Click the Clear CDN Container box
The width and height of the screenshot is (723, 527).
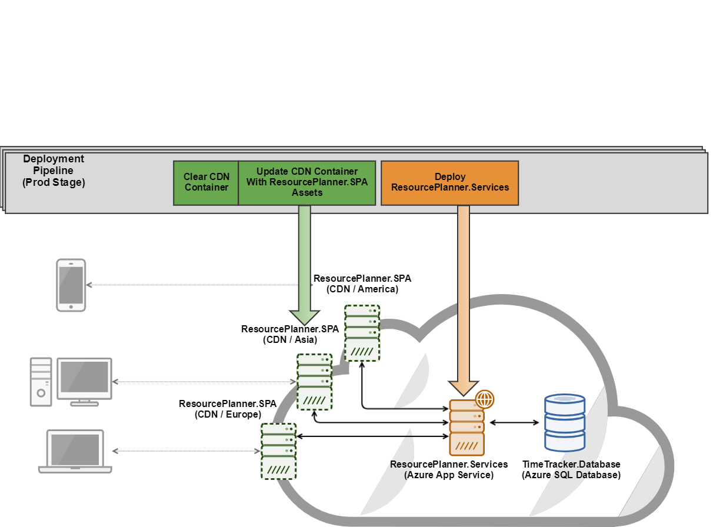[206, 182]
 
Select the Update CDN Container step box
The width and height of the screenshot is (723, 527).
[306, 182]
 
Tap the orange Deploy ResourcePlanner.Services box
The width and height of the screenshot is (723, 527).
[450, 182]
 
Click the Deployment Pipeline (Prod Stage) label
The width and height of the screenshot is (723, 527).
[54, 171]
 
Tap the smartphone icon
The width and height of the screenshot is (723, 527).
[71, 285]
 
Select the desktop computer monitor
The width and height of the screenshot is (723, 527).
[85, 379]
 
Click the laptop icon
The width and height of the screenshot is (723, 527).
[75, 452]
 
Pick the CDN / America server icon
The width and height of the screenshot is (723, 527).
[362, 333]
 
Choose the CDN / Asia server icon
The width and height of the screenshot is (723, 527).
[315, 382]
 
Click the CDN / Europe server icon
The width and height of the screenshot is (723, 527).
[278, 451]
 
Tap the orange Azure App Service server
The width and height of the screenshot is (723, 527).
[467, 428]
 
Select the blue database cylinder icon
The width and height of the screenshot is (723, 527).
[565, 422]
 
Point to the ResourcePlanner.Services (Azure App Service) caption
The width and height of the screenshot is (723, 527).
[448, 470]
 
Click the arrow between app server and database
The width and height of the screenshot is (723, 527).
[514, 422]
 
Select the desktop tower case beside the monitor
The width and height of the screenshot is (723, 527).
[41, 382]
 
